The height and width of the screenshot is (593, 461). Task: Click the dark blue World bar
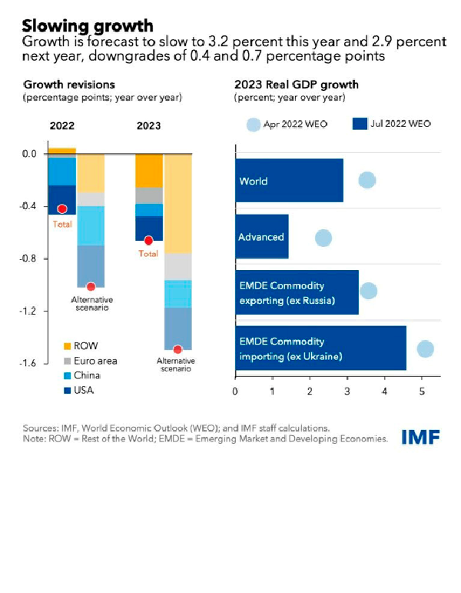(289, 181)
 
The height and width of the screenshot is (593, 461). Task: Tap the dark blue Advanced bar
(262, 237)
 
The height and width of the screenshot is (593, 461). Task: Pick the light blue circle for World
(367, 180)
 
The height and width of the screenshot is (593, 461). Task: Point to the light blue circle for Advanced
(323, 238)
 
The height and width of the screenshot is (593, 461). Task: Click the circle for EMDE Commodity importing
(425, 348)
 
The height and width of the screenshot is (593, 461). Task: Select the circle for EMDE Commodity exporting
(369, 291)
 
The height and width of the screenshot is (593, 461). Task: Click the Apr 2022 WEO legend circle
(254, 125)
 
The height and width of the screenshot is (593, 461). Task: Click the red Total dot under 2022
(62, 208)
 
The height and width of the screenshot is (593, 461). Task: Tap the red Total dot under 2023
(148, 241)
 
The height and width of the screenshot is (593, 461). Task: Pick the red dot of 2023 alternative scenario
(177, 349)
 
